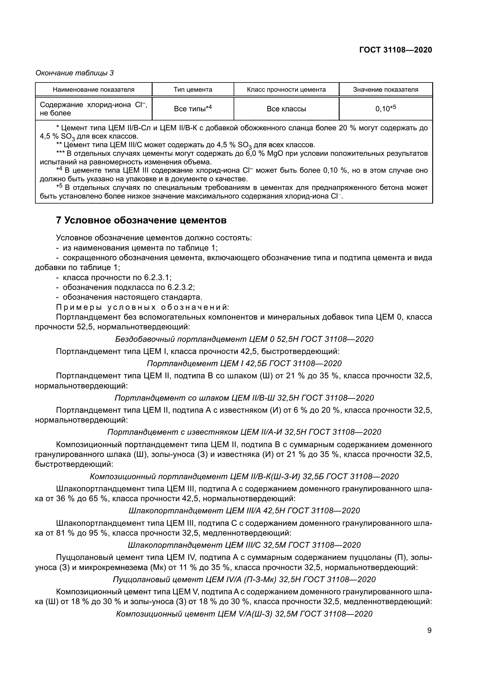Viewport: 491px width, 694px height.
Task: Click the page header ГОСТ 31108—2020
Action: (x=395, y=50)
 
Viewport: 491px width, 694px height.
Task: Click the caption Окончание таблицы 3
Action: (x=75, y=73)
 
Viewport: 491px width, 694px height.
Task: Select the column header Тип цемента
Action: (x=193, y=90)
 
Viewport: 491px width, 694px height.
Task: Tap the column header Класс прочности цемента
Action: (x=286, y=90)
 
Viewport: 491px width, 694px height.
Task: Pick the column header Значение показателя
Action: (x=386, y=90)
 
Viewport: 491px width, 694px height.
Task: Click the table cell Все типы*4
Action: (x=193, y=109)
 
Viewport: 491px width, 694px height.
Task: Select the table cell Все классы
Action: (x=286, y=109)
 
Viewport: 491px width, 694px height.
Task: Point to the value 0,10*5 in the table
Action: (x=386, y=109)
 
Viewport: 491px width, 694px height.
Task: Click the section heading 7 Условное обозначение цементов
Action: (x=141, y=220)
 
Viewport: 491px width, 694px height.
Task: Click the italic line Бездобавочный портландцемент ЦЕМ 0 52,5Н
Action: (x=244, y=339)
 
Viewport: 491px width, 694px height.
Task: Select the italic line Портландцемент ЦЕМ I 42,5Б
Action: (x=244, y=363)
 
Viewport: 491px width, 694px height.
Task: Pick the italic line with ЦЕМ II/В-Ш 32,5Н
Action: (x=244, y=398)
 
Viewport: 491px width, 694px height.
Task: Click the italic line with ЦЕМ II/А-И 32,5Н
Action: (x=244, y=432)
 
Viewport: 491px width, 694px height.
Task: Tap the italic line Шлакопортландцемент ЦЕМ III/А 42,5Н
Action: (x=244, y=511)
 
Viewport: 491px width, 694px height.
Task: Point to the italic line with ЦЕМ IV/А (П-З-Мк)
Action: (x=244, y=579)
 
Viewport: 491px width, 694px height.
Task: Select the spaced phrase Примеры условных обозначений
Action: (x=143, y=307)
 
